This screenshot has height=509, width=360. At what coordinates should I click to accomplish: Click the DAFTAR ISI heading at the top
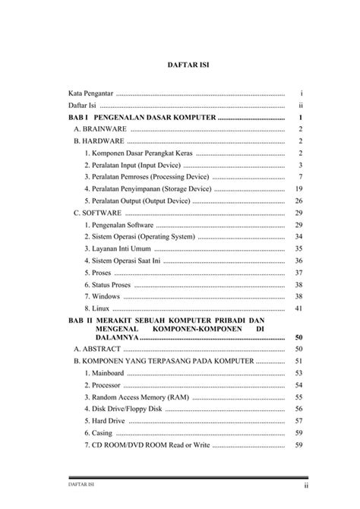point(188,66)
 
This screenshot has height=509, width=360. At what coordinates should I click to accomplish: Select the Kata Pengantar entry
point(86,93)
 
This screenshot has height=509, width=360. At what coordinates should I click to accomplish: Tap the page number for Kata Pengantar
point(302,93)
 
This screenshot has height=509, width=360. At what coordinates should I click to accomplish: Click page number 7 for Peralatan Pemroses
point(301,176)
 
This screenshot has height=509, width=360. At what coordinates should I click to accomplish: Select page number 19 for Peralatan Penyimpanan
point(299,188)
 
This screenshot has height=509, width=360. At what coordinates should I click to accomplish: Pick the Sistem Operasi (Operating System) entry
point(140,237)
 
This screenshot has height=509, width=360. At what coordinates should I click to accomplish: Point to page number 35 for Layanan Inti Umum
point(299,248)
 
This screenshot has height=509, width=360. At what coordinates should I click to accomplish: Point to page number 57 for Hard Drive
point(299,421)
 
